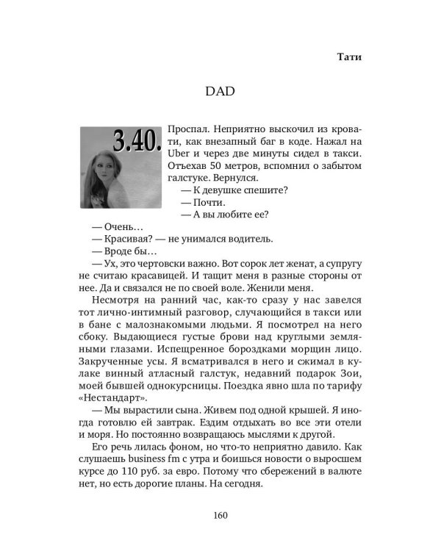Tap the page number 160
pos(220,514)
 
